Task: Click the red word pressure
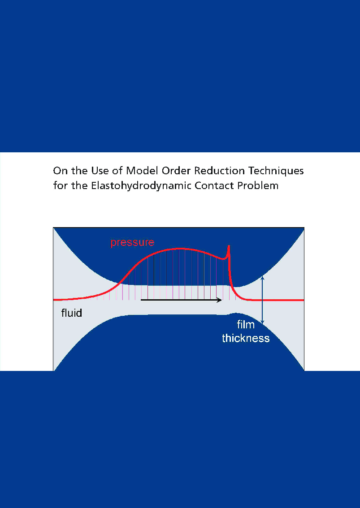click(x=132, y=242)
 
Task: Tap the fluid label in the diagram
click(x=72, y=313)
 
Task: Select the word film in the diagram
click(x=246, y=325)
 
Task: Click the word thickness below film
click(x=246, y=338)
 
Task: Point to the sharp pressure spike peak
click(x=229, y=246)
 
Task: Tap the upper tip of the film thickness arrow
click(x=263, y=278)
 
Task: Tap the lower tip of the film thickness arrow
click(x=263, y=323)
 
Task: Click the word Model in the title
click(x=139, y=171)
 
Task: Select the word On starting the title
click(x=60, y=171)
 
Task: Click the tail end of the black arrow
click(x=142, y=300)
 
